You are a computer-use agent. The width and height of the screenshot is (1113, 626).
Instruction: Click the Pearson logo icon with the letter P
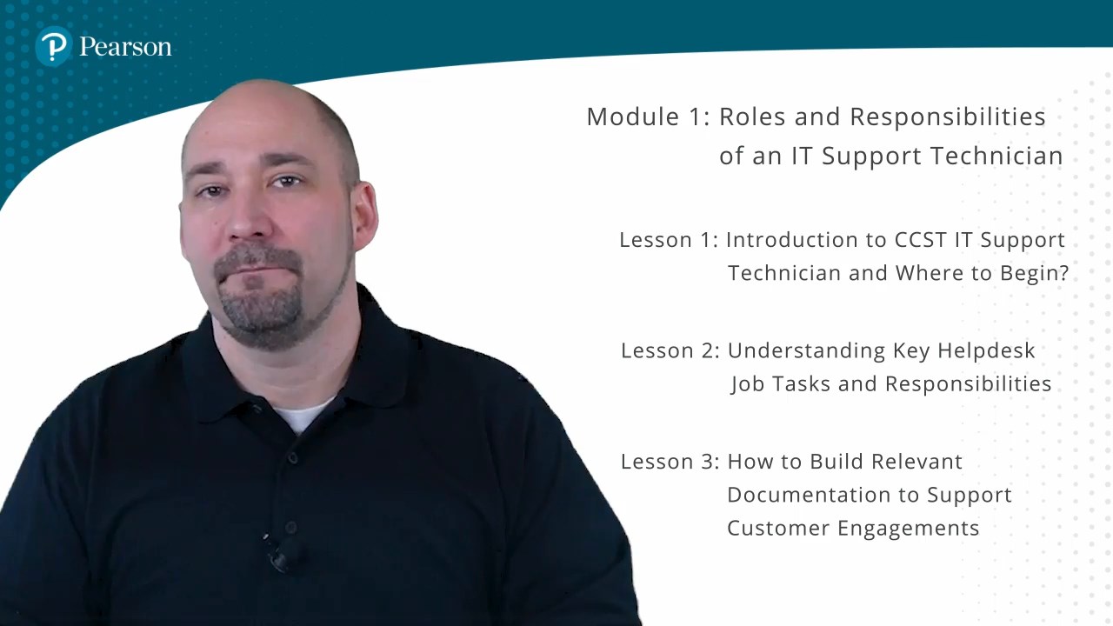point(54,46)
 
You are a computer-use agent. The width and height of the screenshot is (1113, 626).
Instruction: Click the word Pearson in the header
point(125,47)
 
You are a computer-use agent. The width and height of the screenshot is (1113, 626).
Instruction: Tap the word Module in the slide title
point(633,117)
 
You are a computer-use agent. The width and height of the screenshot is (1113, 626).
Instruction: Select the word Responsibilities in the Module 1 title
point(948,117)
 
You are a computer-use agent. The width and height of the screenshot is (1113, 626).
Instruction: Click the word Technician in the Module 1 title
point(996,156)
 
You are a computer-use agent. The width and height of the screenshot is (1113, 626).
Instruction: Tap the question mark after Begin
point(1063,273)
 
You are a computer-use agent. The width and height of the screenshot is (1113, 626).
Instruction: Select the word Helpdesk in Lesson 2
point(986,351)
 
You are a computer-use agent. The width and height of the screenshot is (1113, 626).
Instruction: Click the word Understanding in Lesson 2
point(806,351)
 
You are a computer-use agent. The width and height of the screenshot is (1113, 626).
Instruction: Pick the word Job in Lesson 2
point(747,384)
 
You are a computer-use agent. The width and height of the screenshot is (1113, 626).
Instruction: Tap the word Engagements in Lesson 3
point(909,529)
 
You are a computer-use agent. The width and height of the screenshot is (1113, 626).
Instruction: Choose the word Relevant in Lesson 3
point(916,462)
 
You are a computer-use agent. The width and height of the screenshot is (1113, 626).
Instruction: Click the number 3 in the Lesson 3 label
point(707,462)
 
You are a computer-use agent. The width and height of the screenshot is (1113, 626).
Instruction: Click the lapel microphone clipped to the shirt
point(282,554)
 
